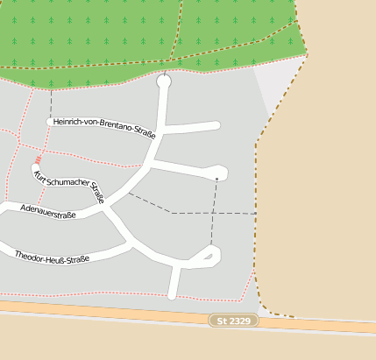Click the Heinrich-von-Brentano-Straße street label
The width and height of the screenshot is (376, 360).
point(103,128)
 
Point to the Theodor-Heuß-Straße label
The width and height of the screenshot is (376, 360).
point(53,257)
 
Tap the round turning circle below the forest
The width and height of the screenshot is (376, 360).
point(163,81)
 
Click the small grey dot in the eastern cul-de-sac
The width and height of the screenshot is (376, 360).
point(216,179)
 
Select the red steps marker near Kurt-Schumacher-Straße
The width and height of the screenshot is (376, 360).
point(39,160)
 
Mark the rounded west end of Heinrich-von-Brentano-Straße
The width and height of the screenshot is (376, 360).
point(50,121)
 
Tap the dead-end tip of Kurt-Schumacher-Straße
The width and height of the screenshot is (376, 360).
point(36,166)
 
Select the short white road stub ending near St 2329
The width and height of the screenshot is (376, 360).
point(174,285)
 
